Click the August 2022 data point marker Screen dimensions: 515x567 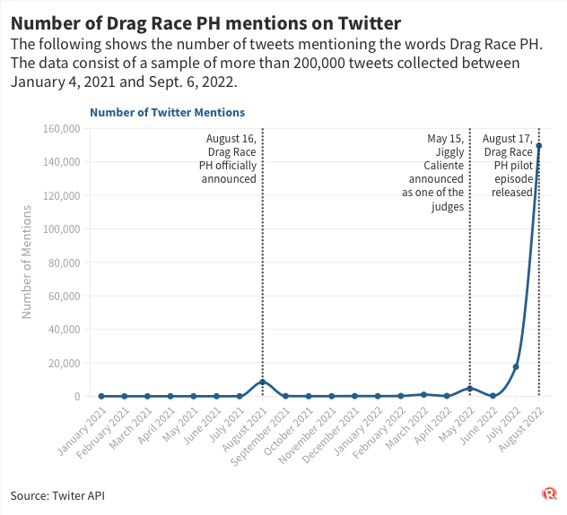tap(539, 146)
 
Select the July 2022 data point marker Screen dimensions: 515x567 tap(516, 367)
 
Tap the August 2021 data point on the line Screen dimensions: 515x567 tap(262, 382)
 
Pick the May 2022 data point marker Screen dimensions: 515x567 tap(470, 389)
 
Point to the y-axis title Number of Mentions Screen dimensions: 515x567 tap(27, 262)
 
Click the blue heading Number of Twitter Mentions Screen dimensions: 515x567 tap(167, 112)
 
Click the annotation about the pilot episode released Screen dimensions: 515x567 tap(508, 166)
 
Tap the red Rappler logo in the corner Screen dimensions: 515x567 tap(548, 494)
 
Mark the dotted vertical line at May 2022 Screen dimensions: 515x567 tap(470, 269)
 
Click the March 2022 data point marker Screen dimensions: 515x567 tap(423, 394)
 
